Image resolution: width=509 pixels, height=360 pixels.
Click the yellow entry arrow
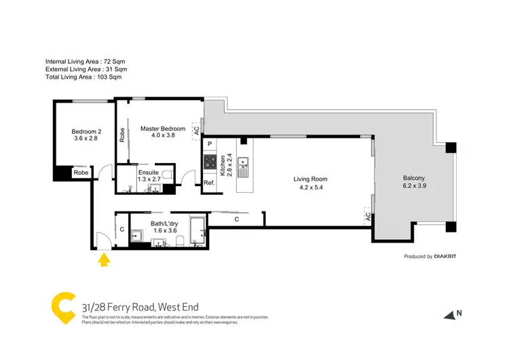103,259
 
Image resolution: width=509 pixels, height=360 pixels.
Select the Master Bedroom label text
162,131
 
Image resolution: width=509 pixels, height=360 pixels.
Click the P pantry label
210,144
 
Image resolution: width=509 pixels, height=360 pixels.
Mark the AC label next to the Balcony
367,217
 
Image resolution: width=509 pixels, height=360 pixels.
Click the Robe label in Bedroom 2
81,173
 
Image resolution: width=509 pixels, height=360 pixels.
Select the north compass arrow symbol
449,314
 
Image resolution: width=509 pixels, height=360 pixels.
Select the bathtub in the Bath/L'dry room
198,231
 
